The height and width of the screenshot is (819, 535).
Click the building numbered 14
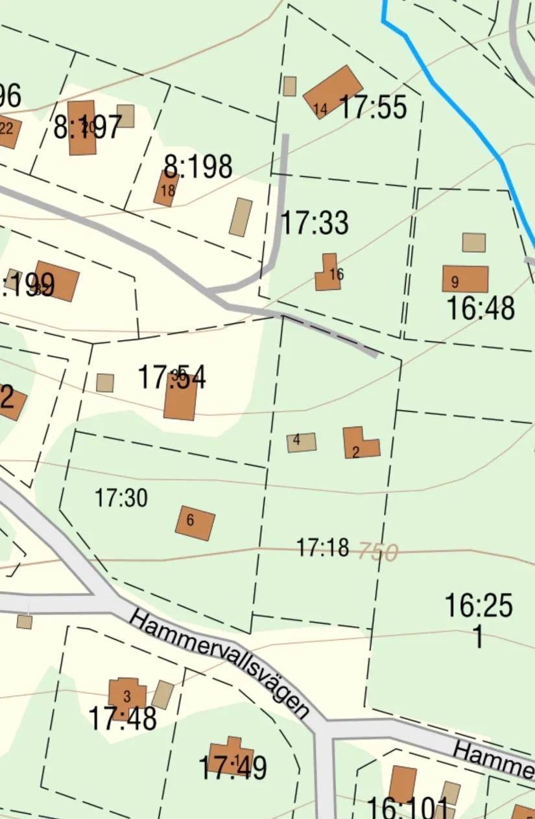(333, 91)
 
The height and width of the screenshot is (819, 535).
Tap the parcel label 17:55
(373, 107)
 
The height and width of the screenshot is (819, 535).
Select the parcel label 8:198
(198, 167)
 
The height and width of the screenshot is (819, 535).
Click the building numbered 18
(166, 189)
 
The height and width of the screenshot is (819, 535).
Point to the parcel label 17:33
(315, 224)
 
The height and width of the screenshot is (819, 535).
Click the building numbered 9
(465, 279)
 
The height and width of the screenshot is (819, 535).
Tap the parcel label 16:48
(481, 308)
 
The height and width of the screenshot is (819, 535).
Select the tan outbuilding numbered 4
(302, 442)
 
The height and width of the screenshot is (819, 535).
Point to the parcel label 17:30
(121, 498)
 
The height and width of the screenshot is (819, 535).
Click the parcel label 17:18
(322, 548)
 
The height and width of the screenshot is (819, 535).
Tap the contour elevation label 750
(377, 552)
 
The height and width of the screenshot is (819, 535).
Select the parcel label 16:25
(479, 606)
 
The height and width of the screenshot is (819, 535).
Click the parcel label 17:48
(123, 719)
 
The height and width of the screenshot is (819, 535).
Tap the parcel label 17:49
(232, 768)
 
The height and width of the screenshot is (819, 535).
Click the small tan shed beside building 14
(290, 86)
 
